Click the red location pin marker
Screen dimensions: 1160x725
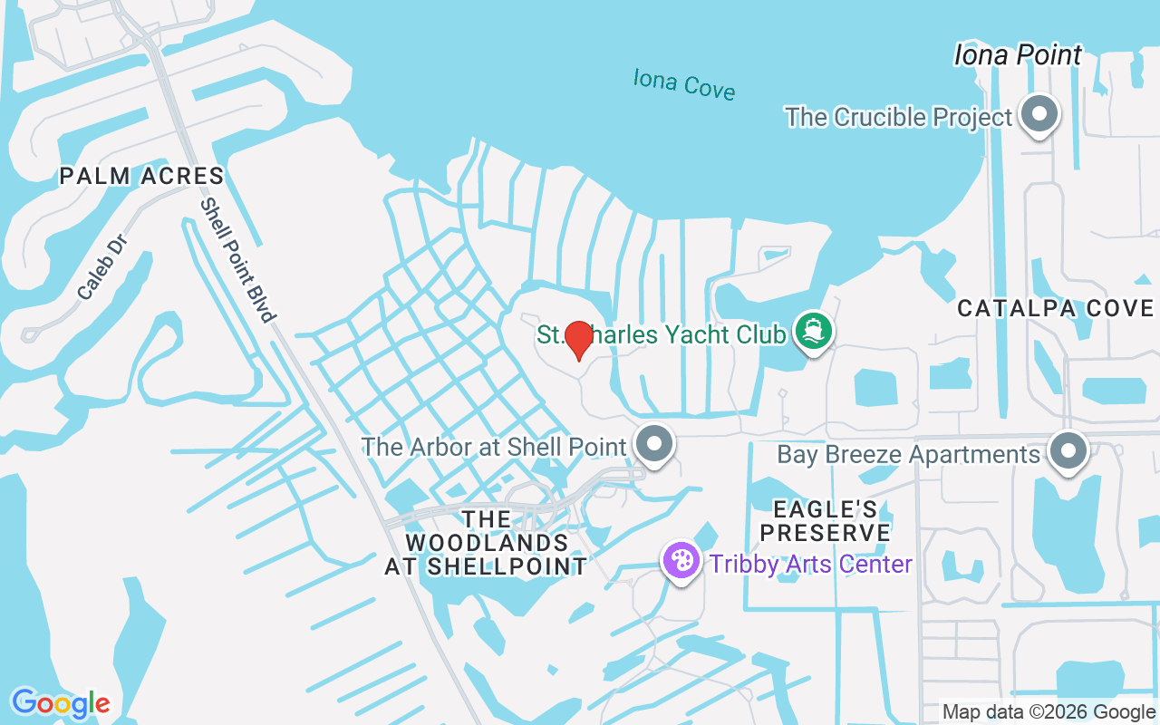(578, 338)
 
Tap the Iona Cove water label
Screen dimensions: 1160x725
(684, 83)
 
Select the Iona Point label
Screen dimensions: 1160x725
(1018, 55)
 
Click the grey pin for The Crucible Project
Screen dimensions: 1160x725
(1039, 115)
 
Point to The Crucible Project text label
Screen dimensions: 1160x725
(898, 118)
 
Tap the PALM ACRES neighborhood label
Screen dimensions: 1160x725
(142, 176)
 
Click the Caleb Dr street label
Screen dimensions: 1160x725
(101, 268)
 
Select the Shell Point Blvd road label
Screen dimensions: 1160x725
(237, 260)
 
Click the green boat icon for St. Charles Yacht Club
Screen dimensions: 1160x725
(812, 331)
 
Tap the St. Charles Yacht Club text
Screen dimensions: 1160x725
(662, 334)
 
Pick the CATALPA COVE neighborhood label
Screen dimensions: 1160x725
(1056, 309)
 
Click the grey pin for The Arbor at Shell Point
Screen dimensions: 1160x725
(654, 445)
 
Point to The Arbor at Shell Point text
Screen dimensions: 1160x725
(494, 447)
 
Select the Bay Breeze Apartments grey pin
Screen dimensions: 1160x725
(1068, 450)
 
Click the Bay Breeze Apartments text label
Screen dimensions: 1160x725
(908, 454)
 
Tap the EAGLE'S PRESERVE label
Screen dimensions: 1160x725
(825, 519)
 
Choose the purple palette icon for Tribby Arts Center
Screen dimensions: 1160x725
(681, 561)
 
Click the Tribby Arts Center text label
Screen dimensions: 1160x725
(811, 564)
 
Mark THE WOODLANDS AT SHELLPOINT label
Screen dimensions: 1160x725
(487, 543)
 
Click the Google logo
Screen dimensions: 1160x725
(61, 702)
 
